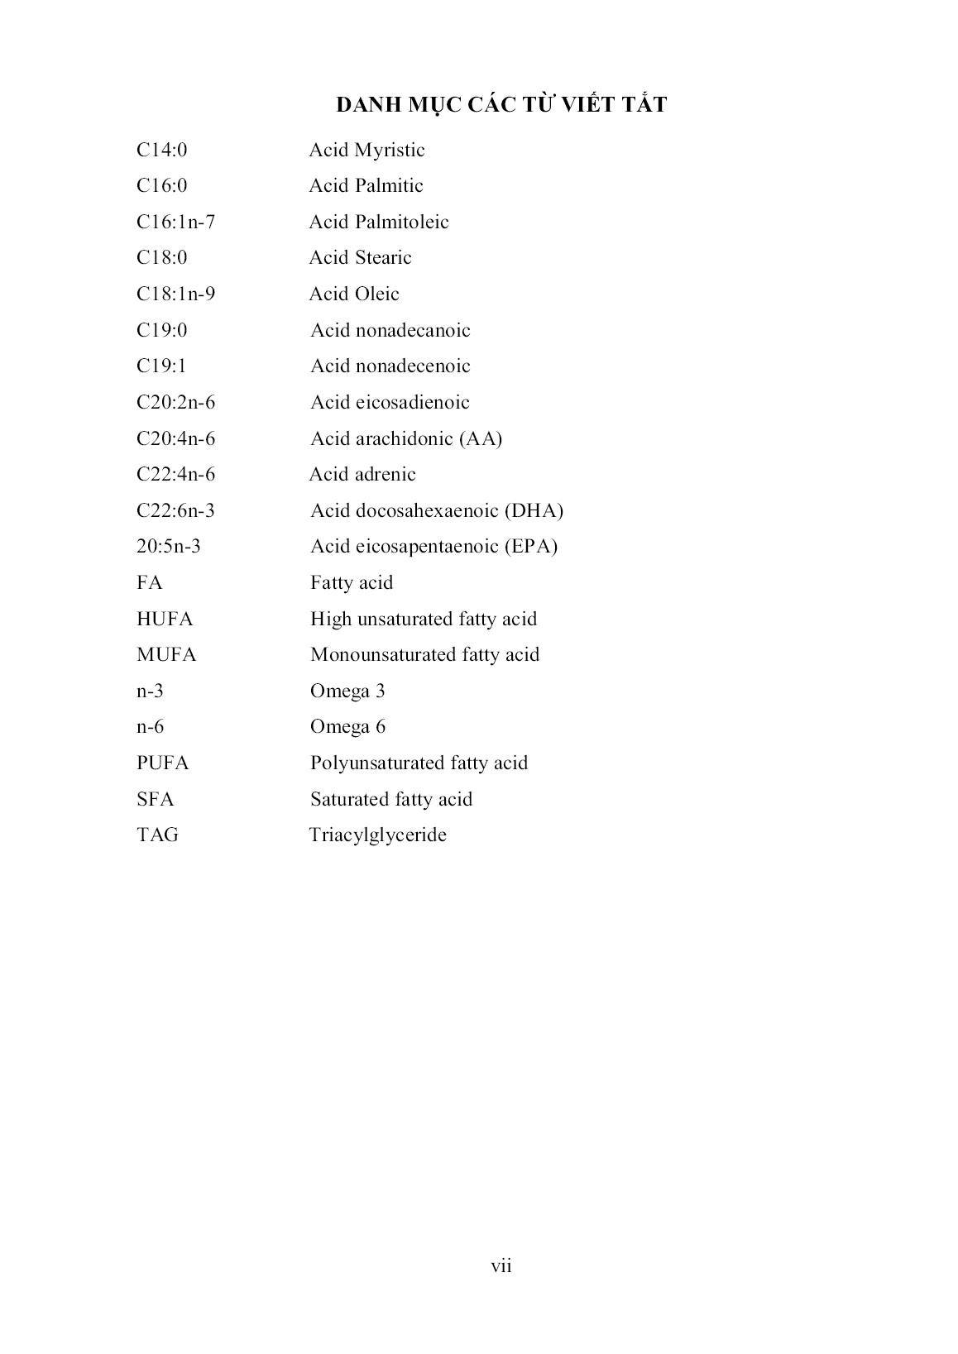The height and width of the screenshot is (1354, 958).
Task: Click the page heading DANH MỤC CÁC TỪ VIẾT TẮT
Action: coord(501,105)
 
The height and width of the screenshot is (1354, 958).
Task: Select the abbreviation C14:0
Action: coord(162,150)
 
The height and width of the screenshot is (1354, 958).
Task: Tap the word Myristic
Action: coord(390,151)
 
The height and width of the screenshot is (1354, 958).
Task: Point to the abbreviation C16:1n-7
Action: coord(175,222)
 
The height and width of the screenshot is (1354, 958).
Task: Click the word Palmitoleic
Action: coord(402,222)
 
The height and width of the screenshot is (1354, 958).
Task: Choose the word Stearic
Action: coord(383,258)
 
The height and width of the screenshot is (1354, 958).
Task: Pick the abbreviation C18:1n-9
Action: coord(175,294)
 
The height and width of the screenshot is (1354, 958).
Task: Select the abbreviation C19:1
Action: coord(161,366)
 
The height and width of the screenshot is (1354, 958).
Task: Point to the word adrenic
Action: coord(386,474)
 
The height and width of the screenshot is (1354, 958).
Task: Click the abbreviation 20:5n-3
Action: coord(169,546)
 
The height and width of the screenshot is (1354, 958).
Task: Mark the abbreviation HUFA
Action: coord(165,619)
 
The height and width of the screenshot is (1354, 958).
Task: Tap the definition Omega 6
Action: coord(347,727)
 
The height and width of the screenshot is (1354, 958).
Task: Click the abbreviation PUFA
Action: coord(163,763)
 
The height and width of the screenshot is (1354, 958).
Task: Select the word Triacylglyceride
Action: coord(377,835)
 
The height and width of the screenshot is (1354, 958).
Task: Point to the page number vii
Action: coord(501,1265)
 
